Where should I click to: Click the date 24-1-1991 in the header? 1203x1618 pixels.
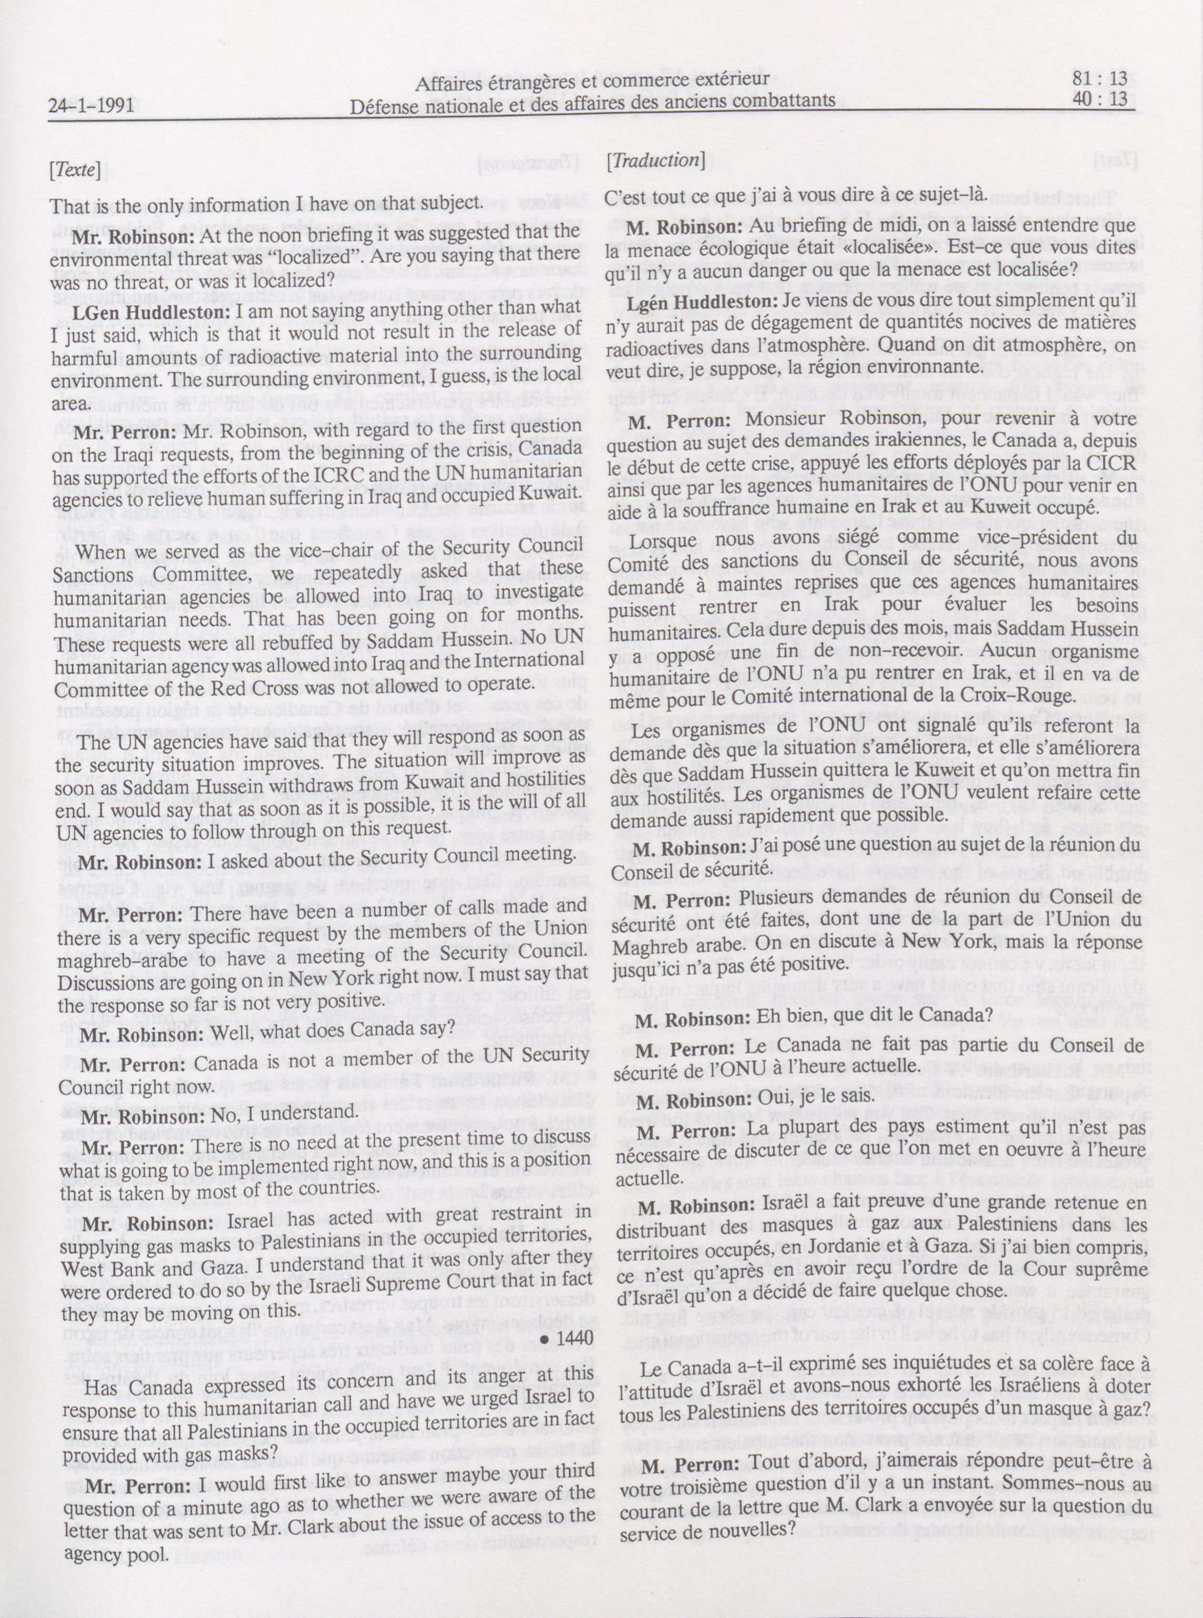click(91, 106)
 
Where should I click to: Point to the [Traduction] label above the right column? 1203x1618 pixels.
click(655, 161)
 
